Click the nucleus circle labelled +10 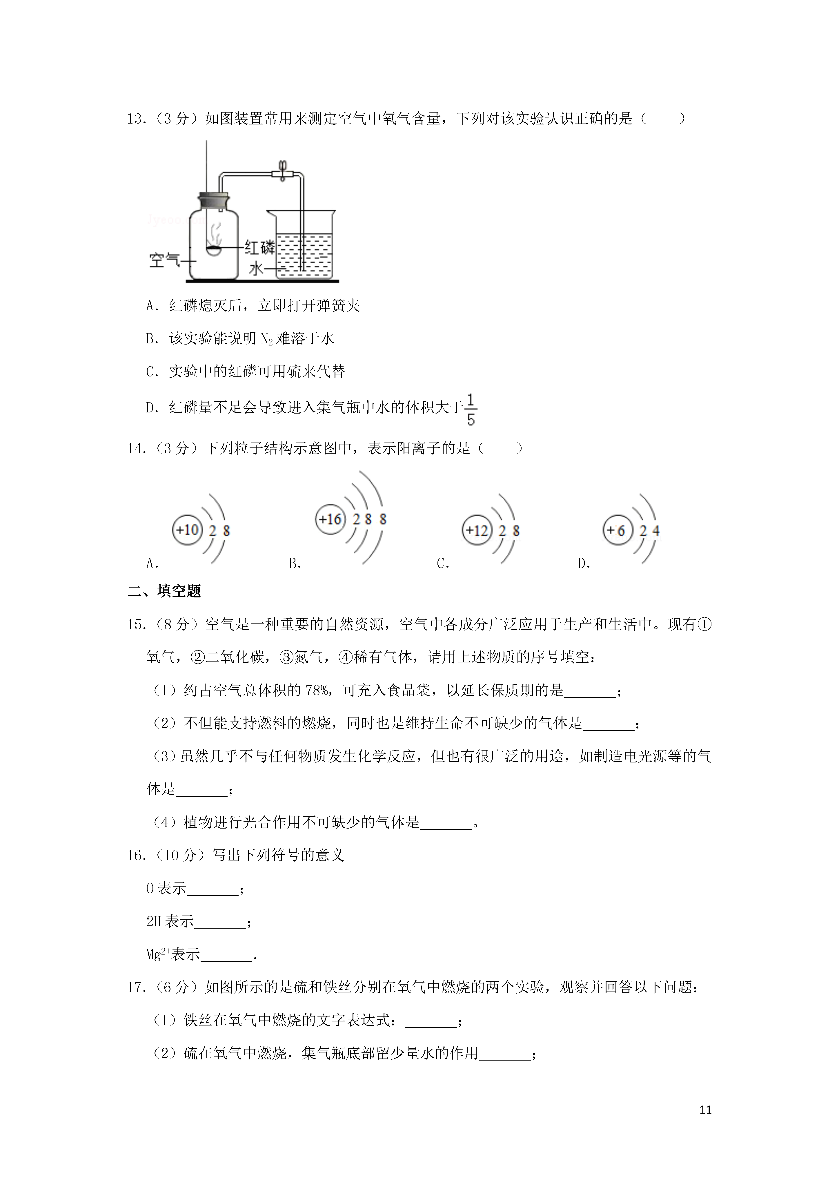(x=187, y=530)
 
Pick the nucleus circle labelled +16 (x=330, y=519)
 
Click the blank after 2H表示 (x=220, y=922)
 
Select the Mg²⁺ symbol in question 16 (x=158, y=954)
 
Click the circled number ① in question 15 (x=704, y=624)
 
